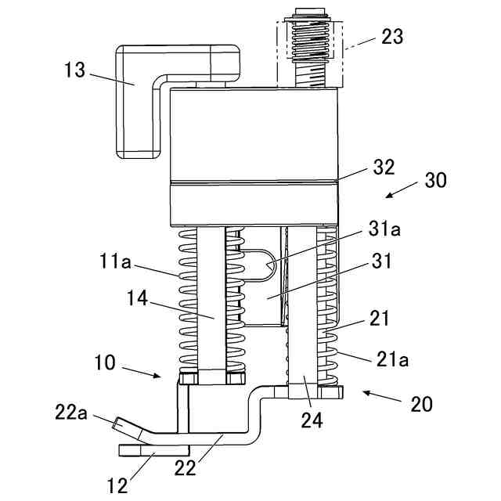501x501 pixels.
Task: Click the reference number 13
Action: tap(75, 70)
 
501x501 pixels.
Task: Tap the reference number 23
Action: tap(392, 37)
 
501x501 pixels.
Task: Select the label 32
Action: tap(384, 167)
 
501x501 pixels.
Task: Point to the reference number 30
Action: tap(435, 180)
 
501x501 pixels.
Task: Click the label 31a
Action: tap(384, 229)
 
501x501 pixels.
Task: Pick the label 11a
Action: tap(115, 261)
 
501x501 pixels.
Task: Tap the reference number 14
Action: tap(138, 298)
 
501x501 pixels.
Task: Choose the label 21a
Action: tap(393, 359)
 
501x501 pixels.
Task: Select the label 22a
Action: tap(71, 413)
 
